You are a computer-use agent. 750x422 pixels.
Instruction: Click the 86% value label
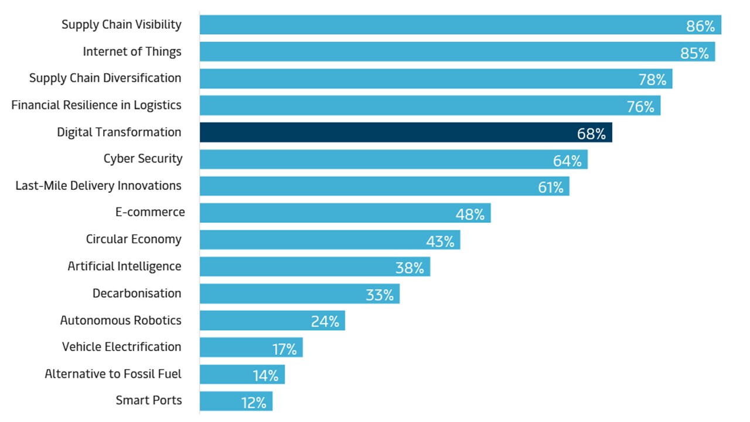(x=700, y=26)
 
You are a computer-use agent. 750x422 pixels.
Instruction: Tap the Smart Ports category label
(x=149, y=400)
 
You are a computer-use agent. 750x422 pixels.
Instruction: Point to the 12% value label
(x=254, y=403)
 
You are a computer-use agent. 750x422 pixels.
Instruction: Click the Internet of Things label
(x=132, y=52)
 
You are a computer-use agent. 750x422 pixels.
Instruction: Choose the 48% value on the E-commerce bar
(x=470, y=215)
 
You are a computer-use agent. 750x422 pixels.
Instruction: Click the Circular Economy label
(x=134, y=239)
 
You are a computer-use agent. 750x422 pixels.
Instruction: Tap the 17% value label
(x=284, y=349)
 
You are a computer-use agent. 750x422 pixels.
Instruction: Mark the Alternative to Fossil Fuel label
(x=113, y=374)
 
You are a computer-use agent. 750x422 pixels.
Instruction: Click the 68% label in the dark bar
(x=591, y=134)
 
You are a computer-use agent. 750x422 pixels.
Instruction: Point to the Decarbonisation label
(x=137, y=293)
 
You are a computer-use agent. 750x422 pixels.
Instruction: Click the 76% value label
(x=640, y=107)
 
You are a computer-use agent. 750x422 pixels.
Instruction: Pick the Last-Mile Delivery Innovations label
(x=98, y=186)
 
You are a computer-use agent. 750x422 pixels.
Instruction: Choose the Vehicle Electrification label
(x=122, y=347)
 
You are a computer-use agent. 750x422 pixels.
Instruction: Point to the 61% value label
(x=551, y=188)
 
